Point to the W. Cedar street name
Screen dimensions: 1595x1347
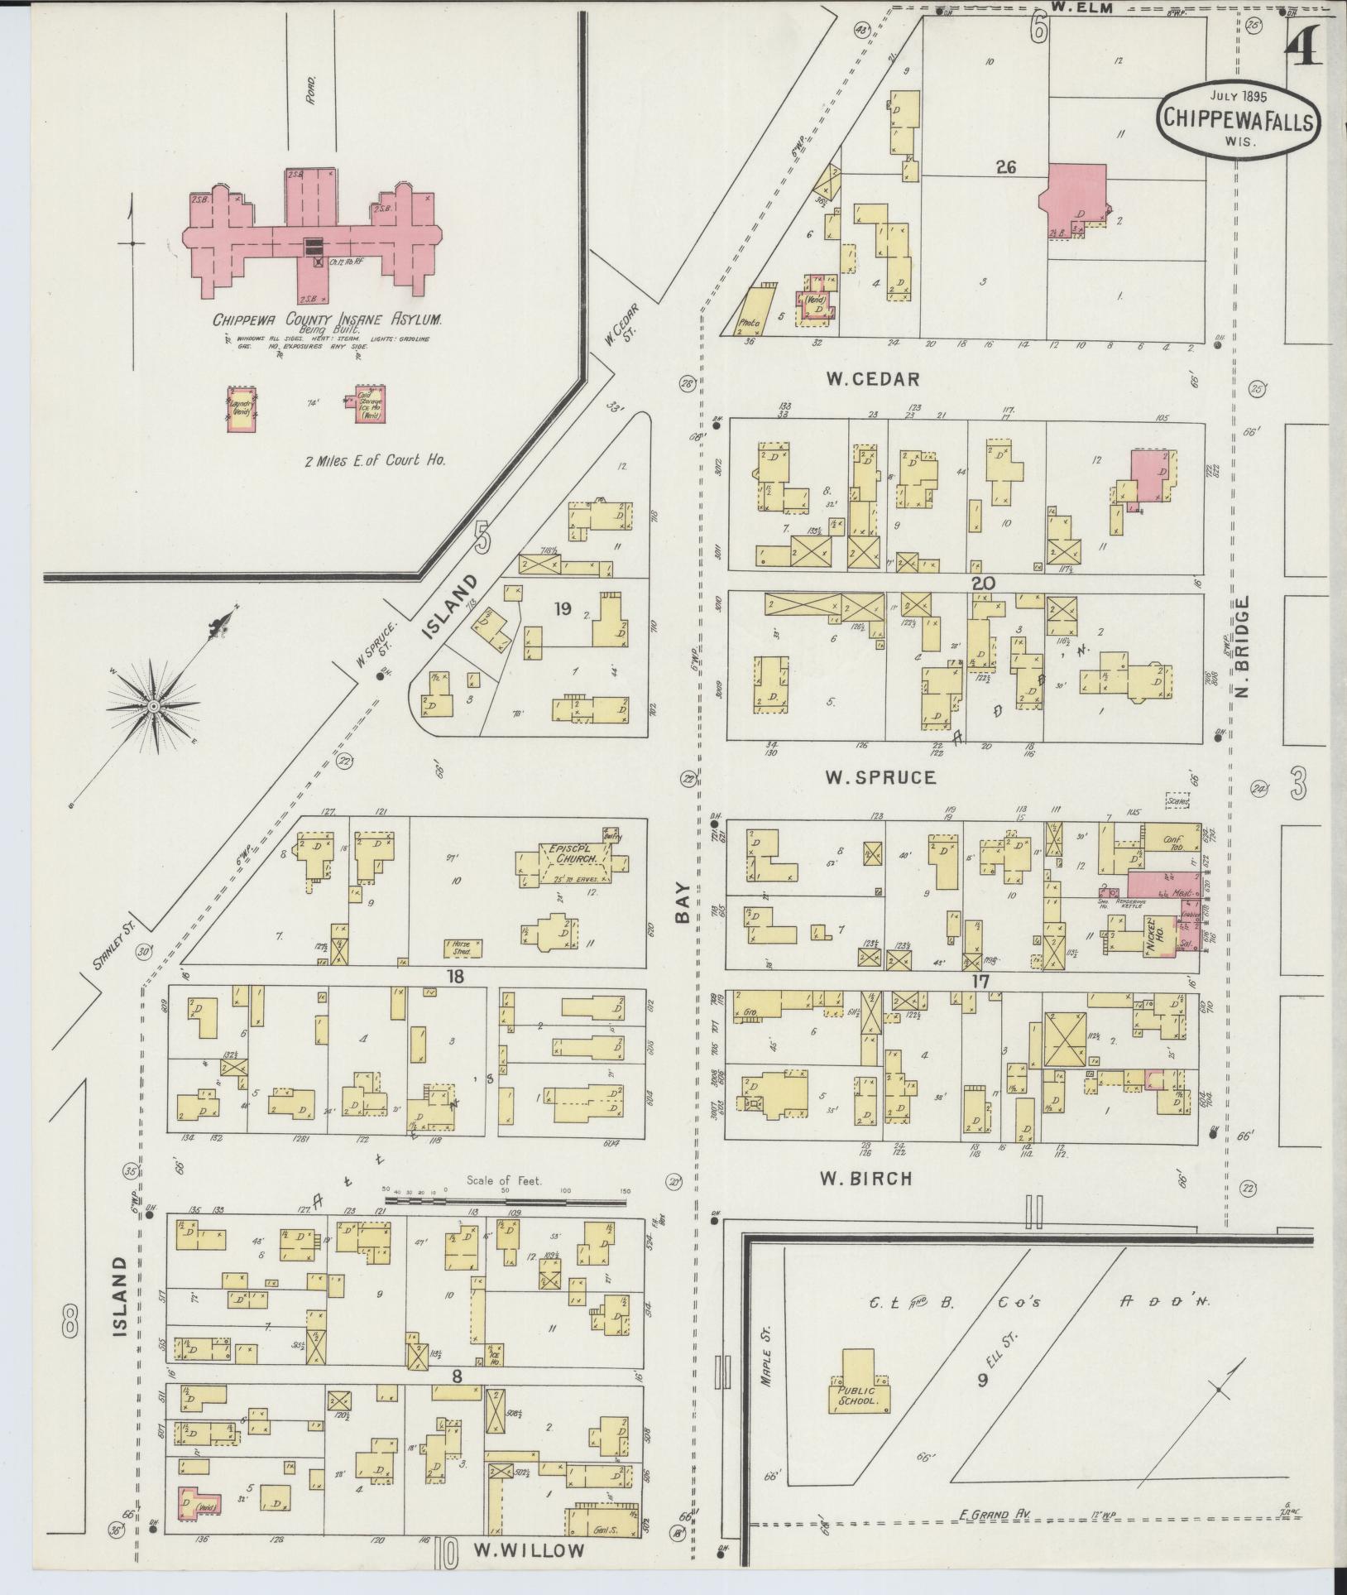click(872, 379)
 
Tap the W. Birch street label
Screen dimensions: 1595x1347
click(865, 1178)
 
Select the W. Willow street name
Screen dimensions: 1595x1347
click(530, 1550)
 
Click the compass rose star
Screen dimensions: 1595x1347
click(154, 705)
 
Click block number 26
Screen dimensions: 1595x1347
click(1005, 167)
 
